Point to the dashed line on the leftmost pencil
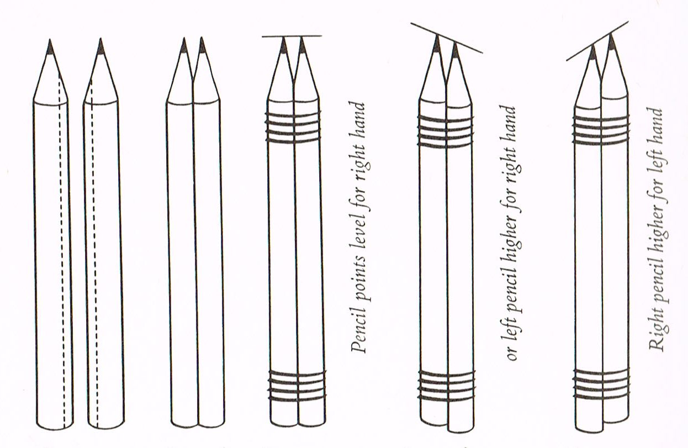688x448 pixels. pyautogui.click(x=62, y=249)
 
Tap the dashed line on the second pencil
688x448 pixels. pyautogui.click(x=93, y=249)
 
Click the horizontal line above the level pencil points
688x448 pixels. pyautogui.click(x=292, y=36)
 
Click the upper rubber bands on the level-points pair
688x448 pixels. pyautogui.click(x=293, y=127)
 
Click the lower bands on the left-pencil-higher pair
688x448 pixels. pyautogui.click(x=446, y=385)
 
